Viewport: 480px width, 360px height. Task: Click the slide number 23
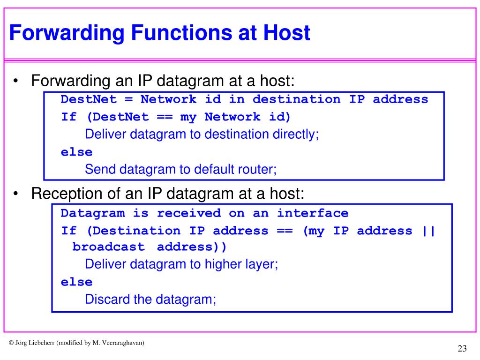462,348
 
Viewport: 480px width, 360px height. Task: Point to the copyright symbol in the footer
11,343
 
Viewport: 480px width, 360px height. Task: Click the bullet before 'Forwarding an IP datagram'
16,82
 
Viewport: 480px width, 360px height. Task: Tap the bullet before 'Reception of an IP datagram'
16,193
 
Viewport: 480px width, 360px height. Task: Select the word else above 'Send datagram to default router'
76,152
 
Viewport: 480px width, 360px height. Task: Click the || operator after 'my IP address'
428,231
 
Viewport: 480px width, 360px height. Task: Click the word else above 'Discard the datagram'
76,282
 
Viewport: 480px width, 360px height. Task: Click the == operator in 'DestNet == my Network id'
164,117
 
